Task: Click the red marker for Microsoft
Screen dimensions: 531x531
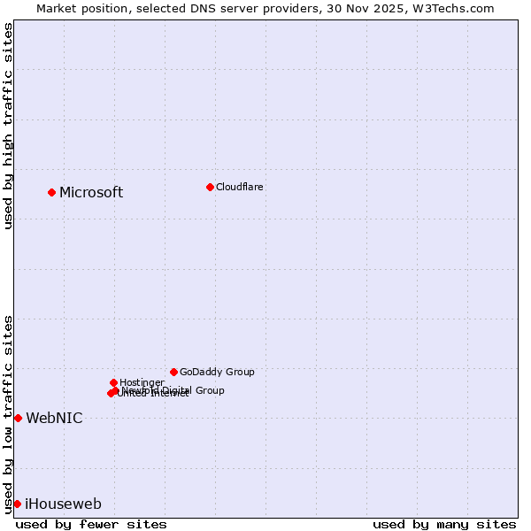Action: (x=51, y=192)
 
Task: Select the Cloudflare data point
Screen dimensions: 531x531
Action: (x=210, y=187)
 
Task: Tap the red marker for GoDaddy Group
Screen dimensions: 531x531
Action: (x=173, y=372)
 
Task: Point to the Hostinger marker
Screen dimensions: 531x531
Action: (x=113, y=382)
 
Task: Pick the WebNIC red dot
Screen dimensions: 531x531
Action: (x=18, y=418)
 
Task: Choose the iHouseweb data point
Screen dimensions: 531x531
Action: (x=17, y=504)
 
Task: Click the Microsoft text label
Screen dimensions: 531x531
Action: (x=91, y=193)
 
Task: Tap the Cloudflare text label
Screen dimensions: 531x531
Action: (x=239, y=187)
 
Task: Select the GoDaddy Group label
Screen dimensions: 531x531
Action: (x=217, y=372)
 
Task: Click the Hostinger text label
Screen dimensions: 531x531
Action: (x=142, y=382)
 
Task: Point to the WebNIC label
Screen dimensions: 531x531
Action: (x=54, y=419)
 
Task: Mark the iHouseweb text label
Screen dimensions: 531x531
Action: (x=63, y=504)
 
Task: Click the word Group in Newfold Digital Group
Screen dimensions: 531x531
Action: (x=209, y=390)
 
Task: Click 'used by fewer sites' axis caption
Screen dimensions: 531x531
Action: (x=91, y=524)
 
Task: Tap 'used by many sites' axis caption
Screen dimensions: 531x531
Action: (x=444, y=524)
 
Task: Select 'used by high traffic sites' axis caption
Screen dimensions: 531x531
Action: (x=8, y=126)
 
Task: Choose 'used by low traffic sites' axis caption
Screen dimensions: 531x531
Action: (x=8, y=413)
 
